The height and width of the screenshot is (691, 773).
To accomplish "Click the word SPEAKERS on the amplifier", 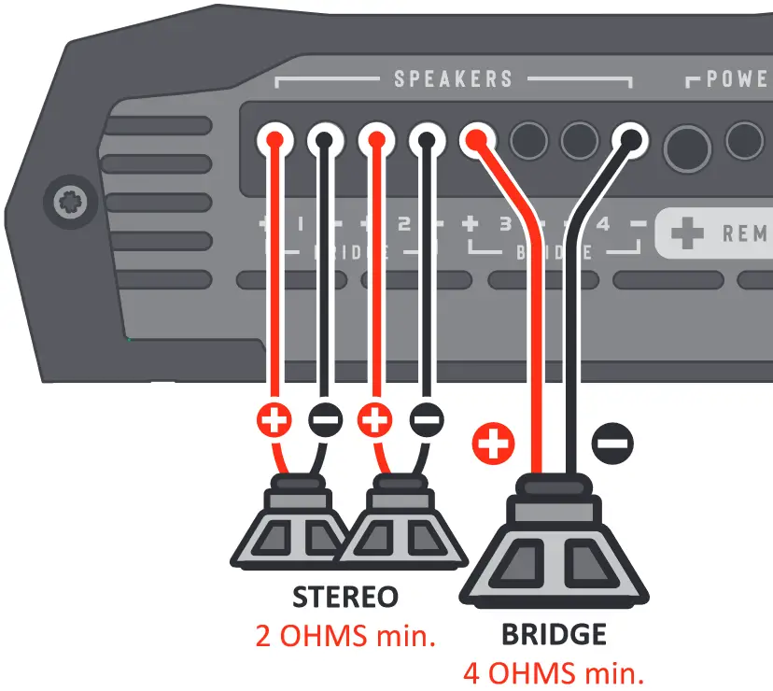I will [453, 78].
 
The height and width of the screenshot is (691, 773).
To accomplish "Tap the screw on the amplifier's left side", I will [71, 200].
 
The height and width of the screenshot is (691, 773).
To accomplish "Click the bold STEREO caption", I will [344, 597].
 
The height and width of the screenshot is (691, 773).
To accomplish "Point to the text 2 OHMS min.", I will [345, 636].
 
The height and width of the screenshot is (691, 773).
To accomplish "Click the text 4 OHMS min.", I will [554, 672].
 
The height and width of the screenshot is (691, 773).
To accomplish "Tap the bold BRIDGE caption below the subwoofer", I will [554, 635].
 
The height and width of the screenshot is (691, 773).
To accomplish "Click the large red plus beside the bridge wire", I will [493, 443].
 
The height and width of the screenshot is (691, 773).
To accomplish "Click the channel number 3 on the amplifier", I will [505, 225].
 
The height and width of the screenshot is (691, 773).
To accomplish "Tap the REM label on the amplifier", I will [744, 233].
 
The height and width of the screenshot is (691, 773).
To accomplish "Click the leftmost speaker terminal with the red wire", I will [274, 141].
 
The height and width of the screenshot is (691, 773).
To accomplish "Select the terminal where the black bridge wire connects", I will [630, 141].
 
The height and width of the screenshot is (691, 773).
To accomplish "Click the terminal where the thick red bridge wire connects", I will [478, 141].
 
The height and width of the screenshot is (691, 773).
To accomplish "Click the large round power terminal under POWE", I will [688, 148].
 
